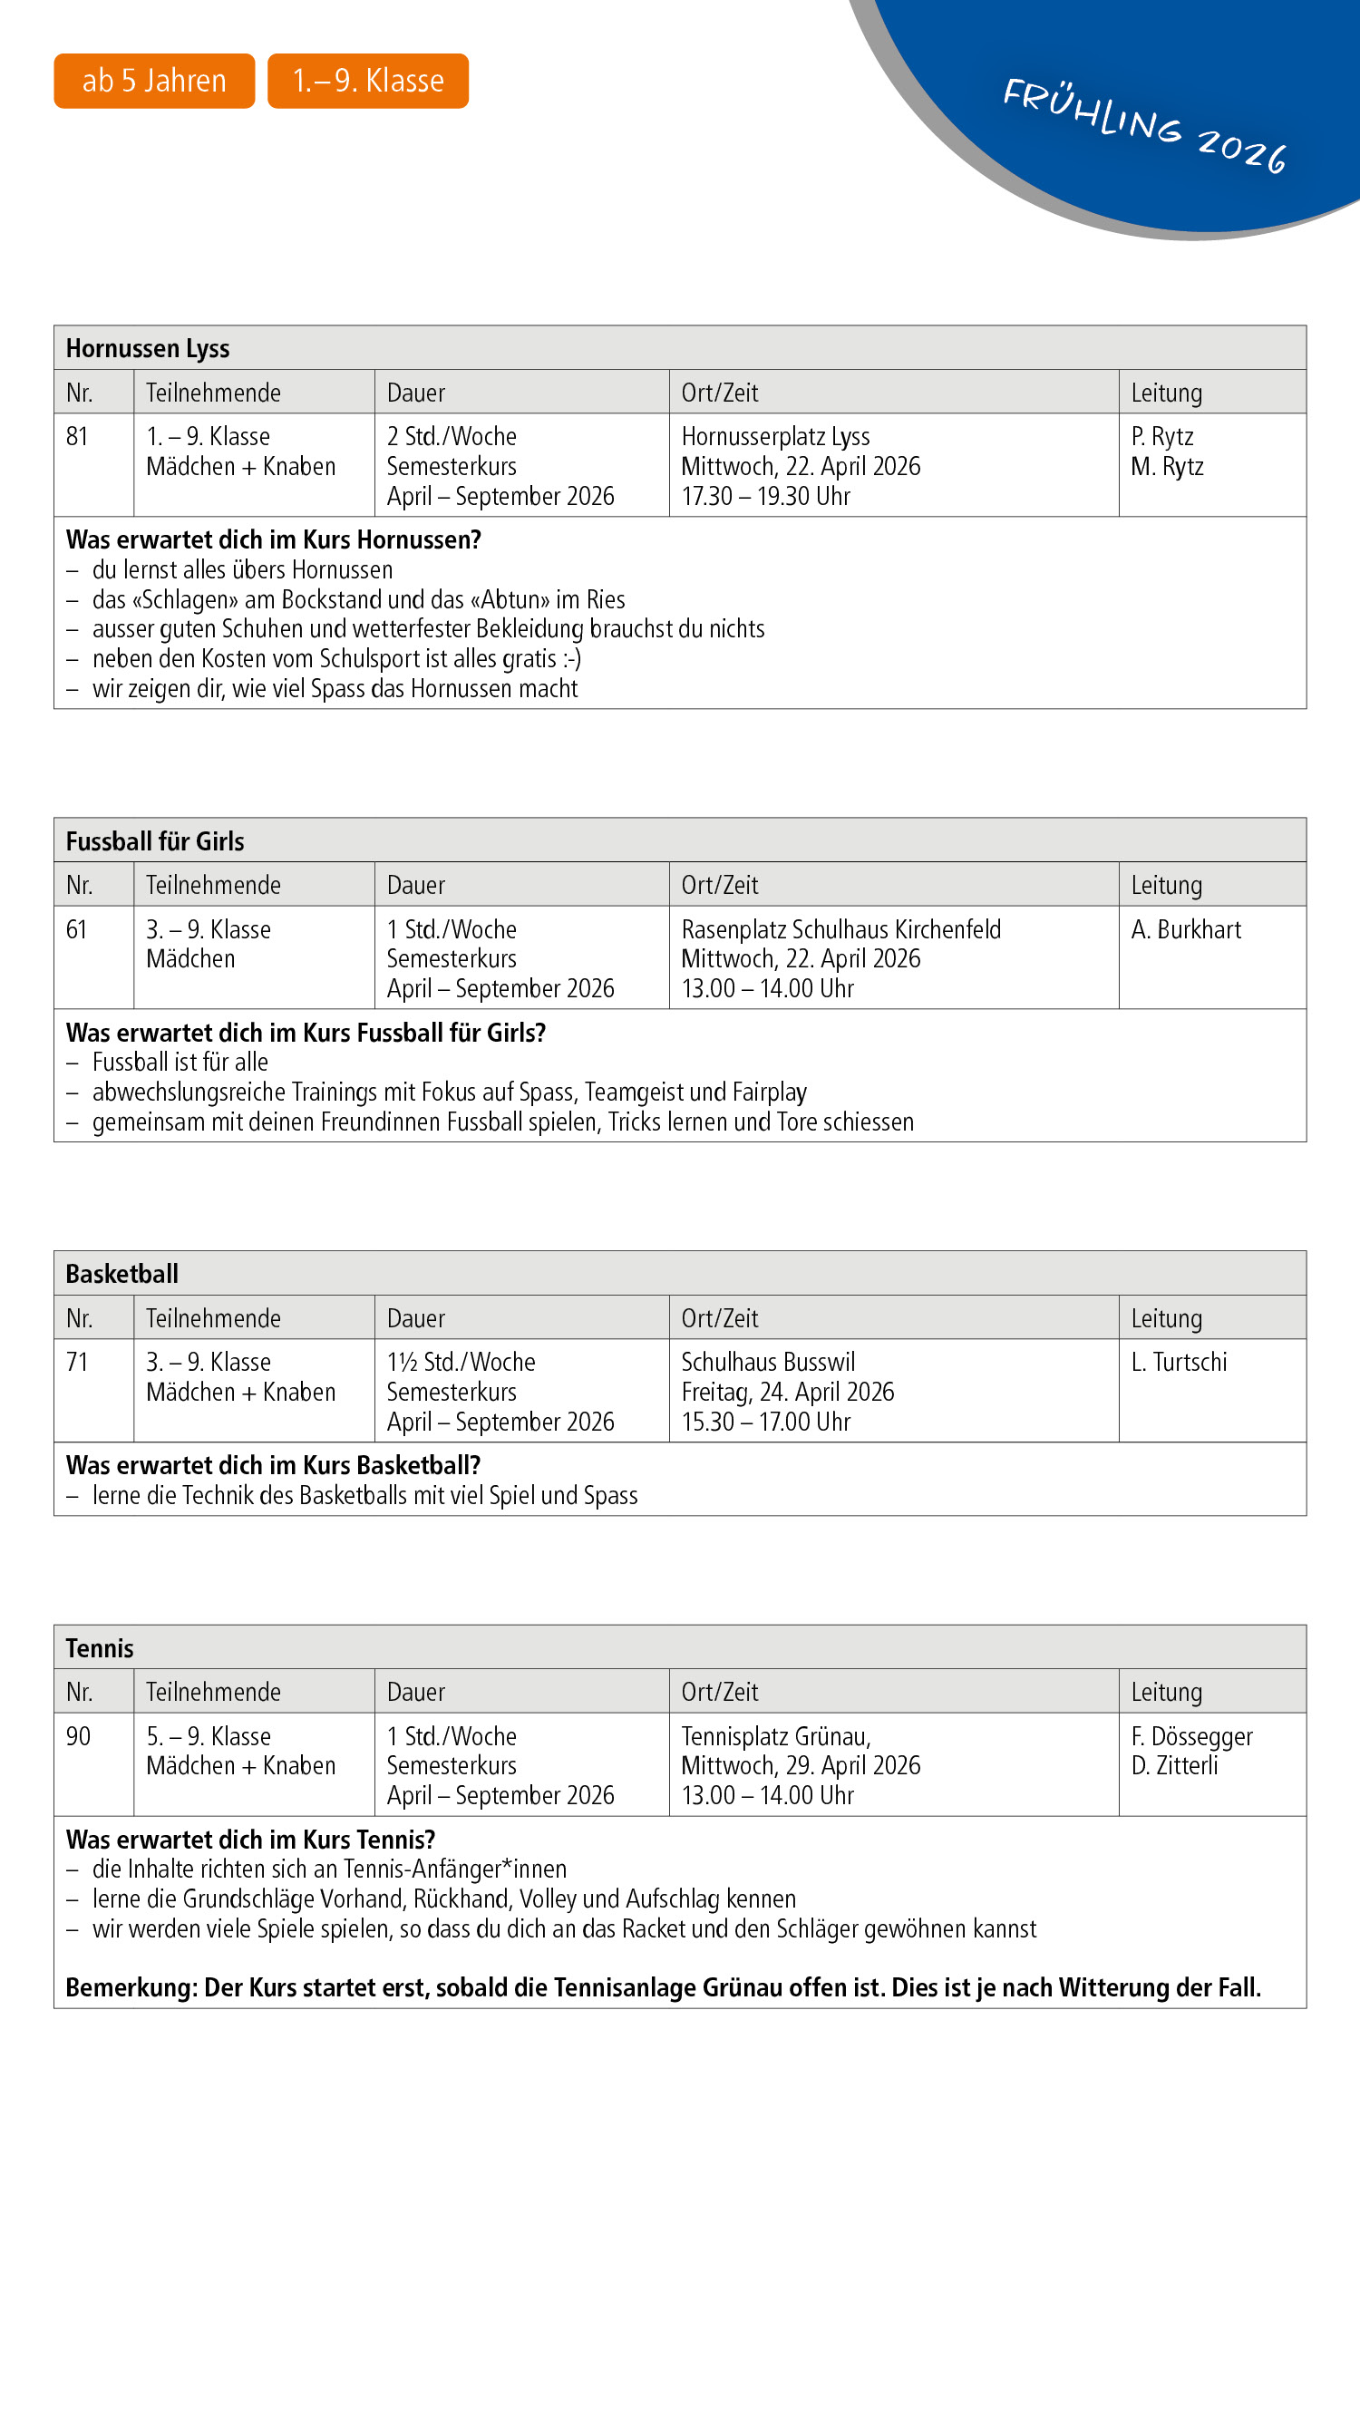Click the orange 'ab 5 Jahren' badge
[x=154, y=81]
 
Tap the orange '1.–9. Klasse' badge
[x=368, y=81]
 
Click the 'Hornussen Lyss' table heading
[x=148, y=348]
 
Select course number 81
[x=77, y=436]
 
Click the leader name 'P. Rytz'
[x=1162, y=436]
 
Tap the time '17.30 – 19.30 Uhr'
[x=765, y=497]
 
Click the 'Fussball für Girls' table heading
[x=155, y=841]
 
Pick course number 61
[x=76, y=929]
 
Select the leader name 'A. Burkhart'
[x=1185, y=929]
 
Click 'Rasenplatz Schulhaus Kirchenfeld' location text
[x=841, y=929]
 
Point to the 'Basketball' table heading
[x=122, y=1274]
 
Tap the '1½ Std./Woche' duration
[x=461, y=1362]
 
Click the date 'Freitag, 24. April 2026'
[x=788, y=1392]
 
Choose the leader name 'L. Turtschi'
[x=1179, y=1362]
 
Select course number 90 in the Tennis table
[x=78, y=1736]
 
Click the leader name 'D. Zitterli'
[x=1174, y=1765]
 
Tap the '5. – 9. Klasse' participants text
[x=209, y=1736]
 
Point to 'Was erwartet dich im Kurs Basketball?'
[x=273, y=1465]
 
